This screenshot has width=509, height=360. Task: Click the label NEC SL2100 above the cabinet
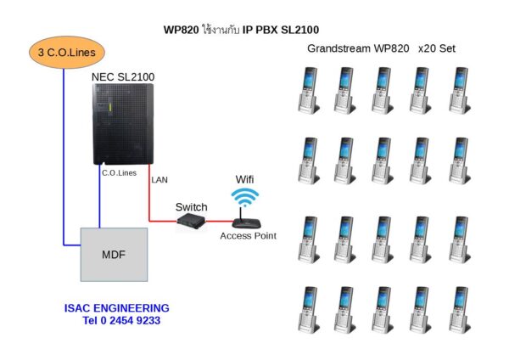coord(126,76)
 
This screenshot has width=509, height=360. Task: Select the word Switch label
coord(191,207)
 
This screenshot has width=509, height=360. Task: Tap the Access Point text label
coord(247,235)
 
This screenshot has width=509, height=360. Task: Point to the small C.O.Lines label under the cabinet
coord(119,173)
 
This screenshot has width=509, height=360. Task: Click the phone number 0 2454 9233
coord(121,321)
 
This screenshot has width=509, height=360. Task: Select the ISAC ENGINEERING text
coord(116,307)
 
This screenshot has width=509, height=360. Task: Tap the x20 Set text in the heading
coord(436,48)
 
